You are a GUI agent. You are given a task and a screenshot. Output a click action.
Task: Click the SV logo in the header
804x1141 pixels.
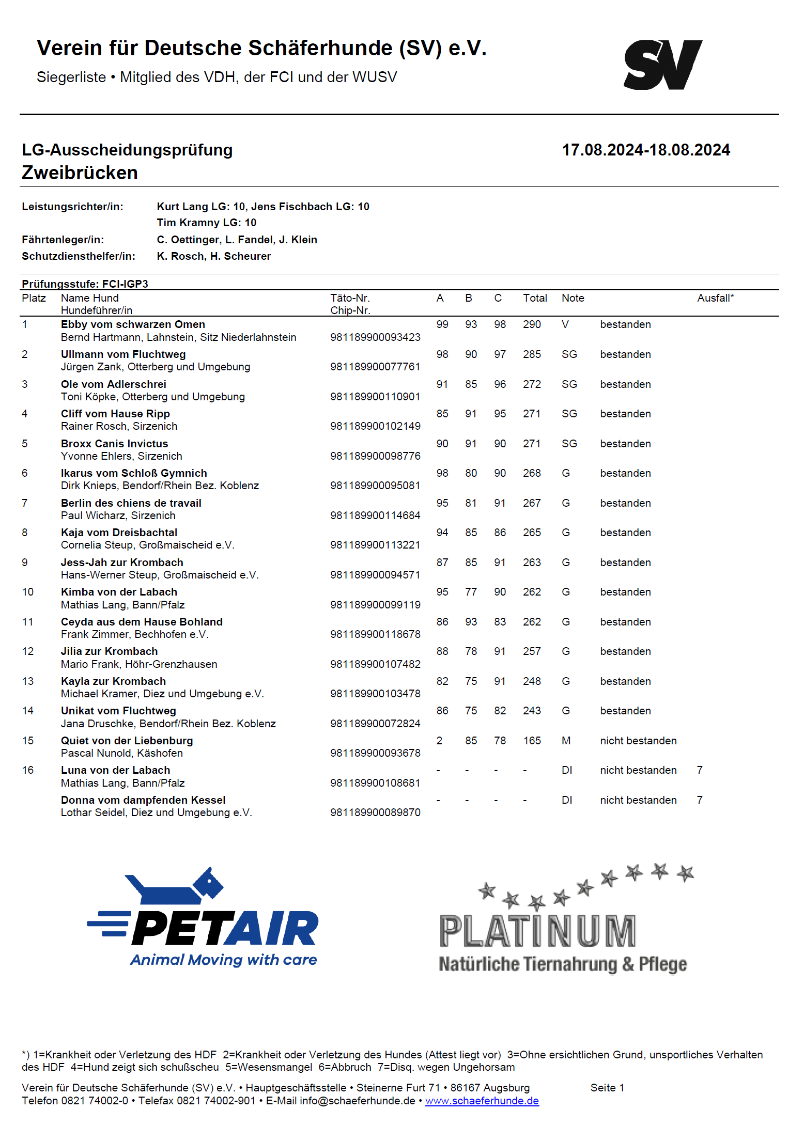(x=663, y=65)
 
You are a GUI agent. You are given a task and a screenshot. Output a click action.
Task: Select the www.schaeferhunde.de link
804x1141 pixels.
(x=482, y=1101)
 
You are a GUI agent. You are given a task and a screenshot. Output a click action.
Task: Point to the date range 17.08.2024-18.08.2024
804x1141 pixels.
(x=646, y=150)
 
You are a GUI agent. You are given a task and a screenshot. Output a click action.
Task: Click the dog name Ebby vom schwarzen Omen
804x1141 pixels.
(x=133, y=324)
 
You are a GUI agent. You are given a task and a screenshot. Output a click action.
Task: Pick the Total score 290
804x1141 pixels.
(x=532, y=324)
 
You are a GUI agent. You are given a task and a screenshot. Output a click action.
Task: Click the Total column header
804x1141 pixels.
(x=535, y=298)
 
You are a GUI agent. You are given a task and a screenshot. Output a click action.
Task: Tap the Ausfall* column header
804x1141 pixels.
(x=715, y=298)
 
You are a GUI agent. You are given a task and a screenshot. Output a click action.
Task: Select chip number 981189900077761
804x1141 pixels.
(x=375, y=367)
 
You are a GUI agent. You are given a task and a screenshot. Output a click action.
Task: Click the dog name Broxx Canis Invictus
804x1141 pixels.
(x=114, y=444)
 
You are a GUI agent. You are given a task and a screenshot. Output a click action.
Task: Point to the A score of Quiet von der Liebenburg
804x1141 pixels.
(x=439, y=741)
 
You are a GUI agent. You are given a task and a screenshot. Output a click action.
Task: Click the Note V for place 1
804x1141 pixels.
(x=565, y=324)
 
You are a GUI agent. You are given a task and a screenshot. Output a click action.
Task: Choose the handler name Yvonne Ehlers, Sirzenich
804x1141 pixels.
(x=121, y=456)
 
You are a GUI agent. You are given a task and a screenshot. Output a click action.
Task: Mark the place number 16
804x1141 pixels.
(x=28, y=770)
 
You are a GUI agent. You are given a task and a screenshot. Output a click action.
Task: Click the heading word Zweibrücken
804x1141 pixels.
(x=80, y=173)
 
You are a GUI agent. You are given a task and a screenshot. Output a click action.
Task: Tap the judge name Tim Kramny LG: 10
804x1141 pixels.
(x=207, y=223)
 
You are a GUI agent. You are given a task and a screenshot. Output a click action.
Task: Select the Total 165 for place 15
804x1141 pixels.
(x=532, y=741)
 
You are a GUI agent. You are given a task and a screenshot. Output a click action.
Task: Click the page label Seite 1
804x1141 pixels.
(x=607, y=1088)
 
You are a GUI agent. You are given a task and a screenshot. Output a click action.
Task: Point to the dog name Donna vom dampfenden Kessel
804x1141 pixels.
(x=143, y=800)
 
